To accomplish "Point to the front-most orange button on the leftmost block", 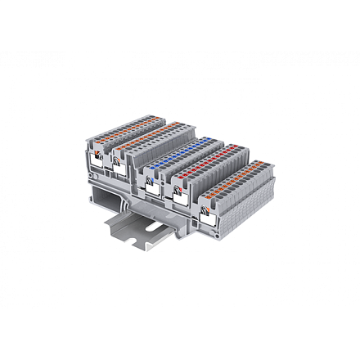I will (99, 147).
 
